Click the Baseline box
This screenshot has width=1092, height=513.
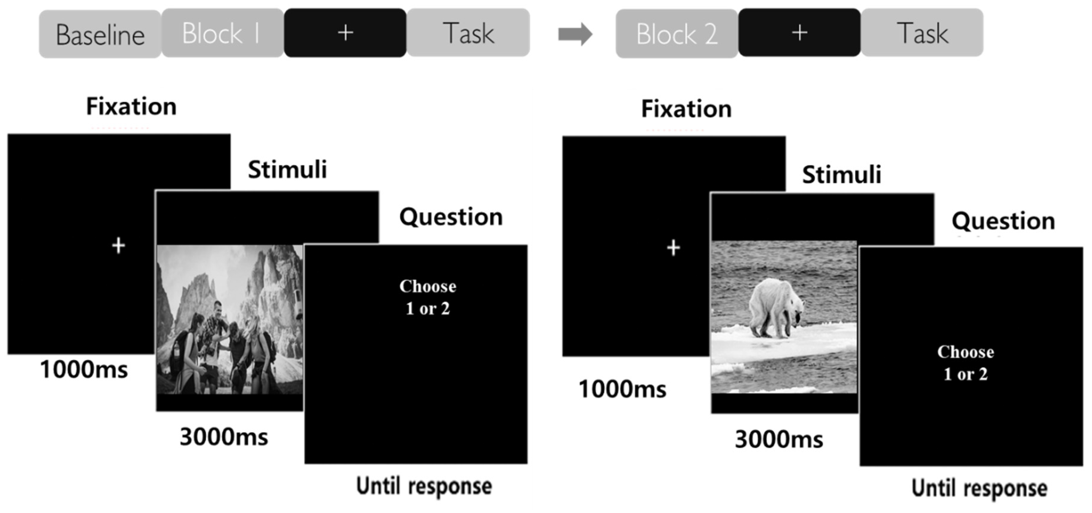(x=100, y=34)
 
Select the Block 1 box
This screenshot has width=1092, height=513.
(x=222, y=33)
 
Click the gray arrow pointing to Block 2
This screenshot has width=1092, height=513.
(x=575, y=34)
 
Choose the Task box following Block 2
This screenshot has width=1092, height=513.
(x=922, y=33)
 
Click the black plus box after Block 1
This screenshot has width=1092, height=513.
(x=345, y=33)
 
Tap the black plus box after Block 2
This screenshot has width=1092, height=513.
(x=799, y=33)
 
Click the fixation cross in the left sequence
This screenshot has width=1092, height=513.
(x=119, y=246)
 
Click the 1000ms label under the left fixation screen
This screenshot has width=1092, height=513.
(x=83, y=369)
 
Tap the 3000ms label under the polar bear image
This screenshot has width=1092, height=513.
(x=779, y=439)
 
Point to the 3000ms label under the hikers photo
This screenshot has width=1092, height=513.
(x=224, y=437)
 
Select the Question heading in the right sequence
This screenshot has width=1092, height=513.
(x=1003, y=221)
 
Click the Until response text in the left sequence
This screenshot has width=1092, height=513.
(x=424, y=486)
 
